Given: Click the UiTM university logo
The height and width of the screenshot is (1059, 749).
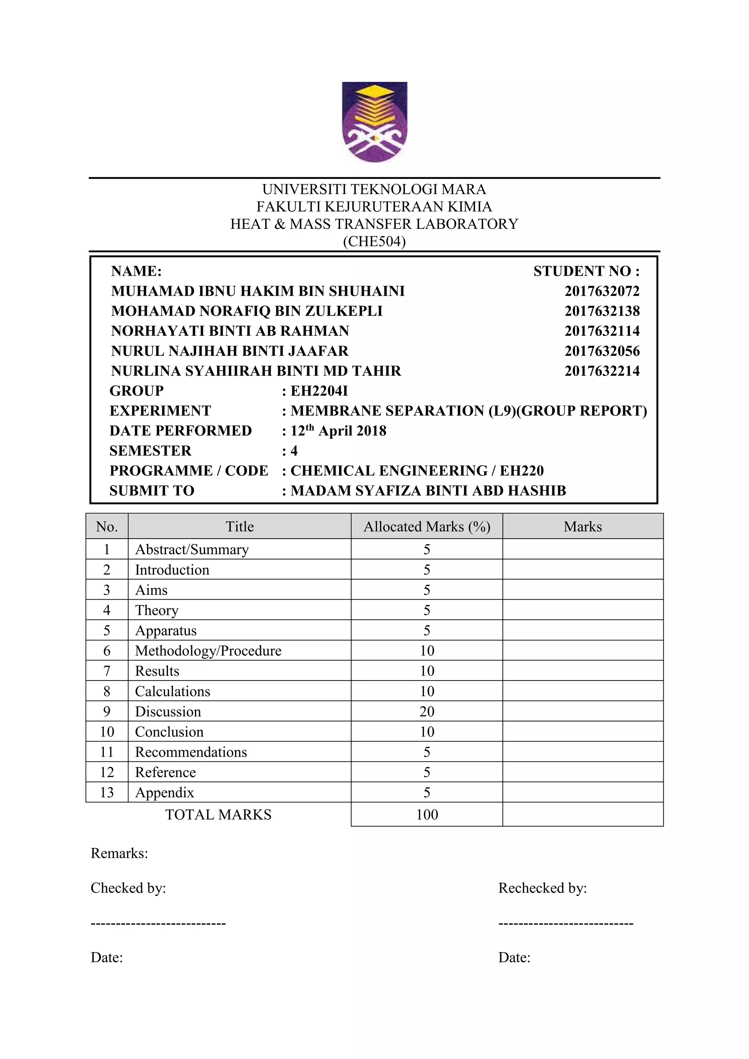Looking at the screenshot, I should point(374,122).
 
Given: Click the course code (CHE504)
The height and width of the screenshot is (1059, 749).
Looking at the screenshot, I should point(374,241).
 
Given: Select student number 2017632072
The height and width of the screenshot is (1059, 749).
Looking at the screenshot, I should point(602,291).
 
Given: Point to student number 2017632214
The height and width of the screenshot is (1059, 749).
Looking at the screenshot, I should point(602,371).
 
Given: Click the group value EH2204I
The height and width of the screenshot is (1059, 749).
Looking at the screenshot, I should point(319,391).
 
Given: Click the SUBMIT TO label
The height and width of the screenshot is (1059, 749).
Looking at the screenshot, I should point(152,490).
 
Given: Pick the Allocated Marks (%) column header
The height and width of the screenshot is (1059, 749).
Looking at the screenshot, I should point(427,526).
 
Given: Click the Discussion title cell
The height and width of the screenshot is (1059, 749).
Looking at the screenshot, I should point(168,711).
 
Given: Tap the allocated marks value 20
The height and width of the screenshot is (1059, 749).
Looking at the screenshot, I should point(427,711).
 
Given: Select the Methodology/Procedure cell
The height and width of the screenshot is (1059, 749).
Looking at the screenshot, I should point(208,650).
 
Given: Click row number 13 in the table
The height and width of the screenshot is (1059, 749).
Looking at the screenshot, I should point(106,792).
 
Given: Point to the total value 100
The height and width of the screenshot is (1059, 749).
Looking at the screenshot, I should point(427,814).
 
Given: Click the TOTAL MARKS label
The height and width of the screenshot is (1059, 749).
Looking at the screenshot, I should point(218,814).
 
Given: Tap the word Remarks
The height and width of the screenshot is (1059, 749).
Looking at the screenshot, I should point(119,853).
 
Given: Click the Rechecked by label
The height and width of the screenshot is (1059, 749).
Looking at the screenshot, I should point(542,888).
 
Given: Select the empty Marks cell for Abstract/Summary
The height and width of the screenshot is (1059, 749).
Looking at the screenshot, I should point(583,549).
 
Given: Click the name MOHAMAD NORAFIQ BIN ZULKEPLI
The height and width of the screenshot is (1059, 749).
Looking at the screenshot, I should point(247,311).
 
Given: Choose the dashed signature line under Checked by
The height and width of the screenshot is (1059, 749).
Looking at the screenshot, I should point(158,923).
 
